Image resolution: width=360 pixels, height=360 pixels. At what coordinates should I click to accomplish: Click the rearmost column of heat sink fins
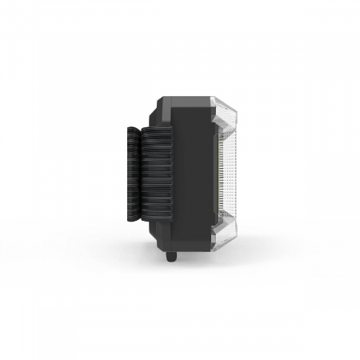tap(134, 172)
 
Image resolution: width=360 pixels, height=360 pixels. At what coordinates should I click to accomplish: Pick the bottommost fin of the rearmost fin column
tap(134, 218)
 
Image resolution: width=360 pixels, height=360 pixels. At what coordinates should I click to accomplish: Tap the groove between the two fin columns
tap(146, 172)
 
